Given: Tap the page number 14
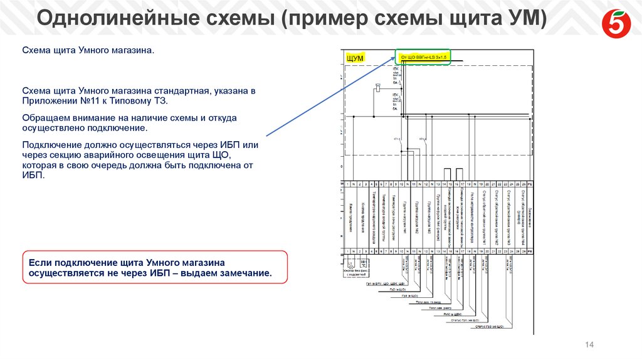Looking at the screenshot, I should tap(589, 344).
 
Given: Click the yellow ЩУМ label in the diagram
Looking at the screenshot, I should tap(355, 58).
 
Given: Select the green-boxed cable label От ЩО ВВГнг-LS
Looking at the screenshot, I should tap(423, 57).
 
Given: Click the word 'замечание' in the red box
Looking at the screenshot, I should tap(244, 273).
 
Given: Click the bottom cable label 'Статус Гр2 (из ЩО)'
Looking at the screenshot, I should tap(488, 326).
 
